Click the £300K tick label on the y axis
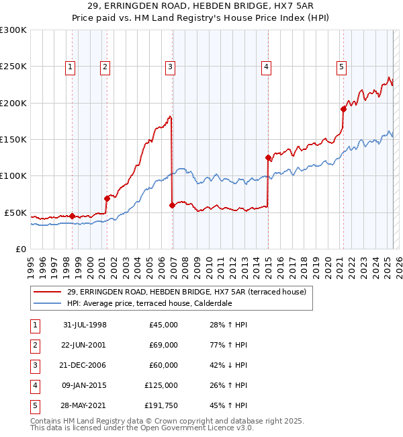13,30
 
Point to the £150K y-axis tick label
13,140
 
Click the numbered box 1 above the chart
71,67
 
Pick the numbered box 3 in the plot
171,67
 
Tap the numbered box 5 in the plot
342,67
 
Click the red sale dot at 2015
268,158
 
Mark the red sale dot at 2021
343,109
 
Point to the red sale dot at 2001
107,198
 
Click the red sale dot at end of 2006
172,205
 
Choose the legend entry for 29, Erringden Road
186,292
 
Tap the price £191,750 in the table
161,405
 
